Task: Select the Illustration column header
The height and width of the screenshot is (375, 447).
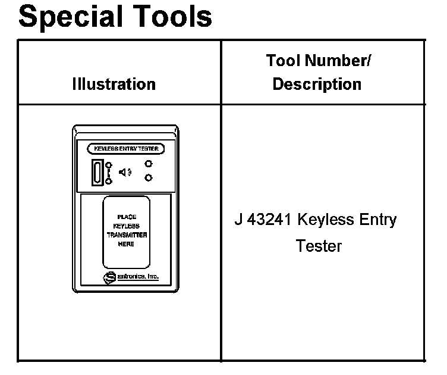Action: click(114, 85)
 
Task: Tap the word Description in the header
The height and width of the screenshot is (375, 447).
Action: click(317, 85)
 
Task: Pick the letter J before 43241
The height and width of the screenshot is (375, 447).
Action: click(238, 220)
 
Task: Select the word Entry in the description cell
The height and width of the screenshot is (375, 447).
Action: click(374, 220)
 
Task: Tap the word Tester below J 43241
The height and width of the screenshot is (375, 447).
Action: click(319, 246)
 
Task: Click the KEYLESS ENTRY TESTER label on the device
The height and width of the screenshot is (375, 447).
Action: click(126, 148)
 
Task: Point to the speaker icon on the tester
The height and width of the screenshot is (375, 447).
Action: click(125, 172)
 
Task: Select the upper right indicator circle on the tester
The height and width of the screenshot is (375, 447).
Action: click(149, 164)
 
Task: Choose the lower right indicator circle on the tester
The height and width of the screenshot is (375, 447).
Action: click(149, 177)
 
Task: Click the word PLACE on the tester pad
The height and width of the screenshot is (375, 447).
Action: click(126, 217)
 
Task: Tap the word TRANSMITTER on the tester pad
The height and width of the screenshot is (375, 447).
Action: click(127, 235)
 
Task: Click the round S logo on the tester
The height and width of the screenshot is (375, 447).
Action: click(109, 277)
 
